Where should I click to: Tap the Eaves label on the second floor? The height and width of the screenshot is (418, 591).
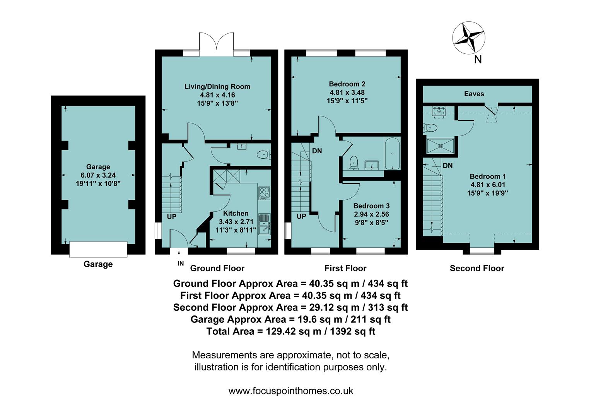pyautogui.click(x=474, y=94)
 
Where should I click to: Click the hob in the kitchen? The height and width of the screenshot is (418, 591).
pyautogui.click(x=264, y=193)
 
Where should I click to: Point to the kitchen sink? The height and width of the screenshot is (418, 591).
pyautogui.click(x=265, y=224)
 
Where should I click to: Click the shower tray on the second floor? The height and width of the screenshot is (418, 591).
pyautogui.click(x=440, y=146)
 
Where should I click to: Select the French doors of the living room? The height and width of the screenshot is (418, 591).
pyautogui.click(x=217, y=43)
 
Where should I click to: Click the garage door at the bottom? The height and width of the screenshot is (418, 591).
pyautogui.click(x=98, y=249)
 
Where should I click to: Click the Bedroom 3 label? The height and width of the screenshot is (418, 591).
pyautogui.click(x=371, y=206)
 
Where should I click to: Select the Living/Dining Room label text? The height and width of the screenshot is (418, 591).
pyautogui.click(x=217, y=87)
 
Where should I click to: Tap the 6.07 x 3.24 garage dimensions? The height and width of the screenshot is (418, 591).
pyautogui.click(x=98, y=175)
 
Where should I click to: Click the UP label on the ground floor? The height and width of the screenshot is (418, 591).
pyautogui.click(x=171, y=217)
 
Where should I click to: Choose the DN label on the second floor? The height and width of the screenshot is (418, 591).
pyautogui.click(x=448, y=166)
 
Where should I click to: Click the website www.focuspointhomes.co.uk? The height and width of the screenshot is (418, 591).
pyautogui.click(x=290, y=391)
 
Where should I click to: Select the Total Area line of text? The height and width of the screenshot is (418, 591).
pyautogui.click(x=290, y=331)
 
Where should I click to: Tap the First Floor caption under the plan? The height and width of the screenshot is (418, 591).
pyautogui.click(x=345, y=268)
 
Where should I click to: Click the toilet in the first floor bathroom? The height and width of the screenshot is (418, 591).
pyautogui.click(x=354, y=163)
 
